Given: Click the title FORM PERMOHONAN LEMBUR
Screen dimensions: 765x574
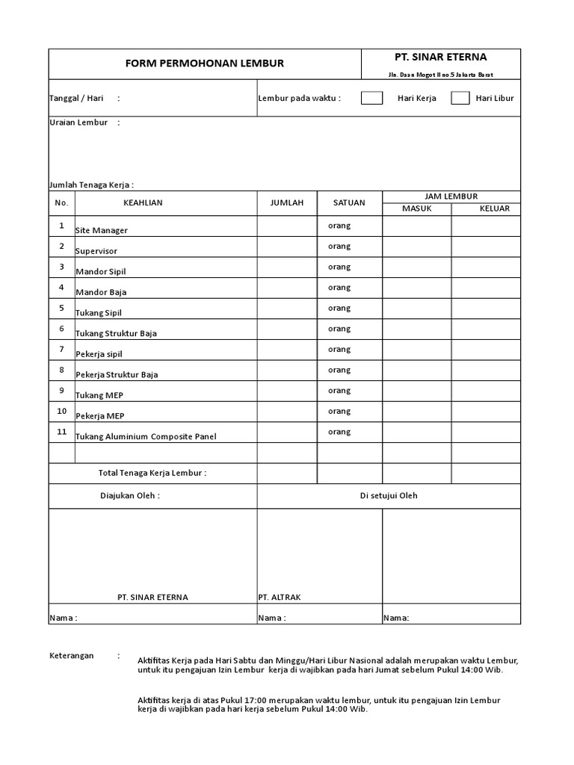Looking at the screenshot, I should coord(205,64).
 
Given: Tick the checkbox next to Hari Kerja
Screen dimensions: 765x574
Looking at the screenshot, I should coord(371,98).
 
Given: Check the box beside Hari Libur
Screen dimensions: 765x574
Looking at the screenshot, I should coord(460,98).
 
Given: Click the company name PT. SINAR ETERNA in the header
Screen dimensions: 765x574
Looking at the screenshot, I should coord(440,58).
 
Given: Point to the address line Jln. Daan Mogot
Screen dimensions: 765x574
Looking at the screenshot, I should coord(440,75).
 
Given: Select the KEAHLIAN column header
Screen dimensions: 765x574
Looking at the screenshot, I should coord(143,202).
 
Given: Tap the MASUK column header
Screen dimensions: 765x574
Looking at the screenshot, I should coord(417,208).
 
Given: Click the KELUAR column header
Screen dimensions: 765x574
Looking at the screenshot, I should coord(494,208).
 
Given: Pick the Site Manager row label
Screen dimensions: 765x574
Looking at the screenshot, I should coord(102,230).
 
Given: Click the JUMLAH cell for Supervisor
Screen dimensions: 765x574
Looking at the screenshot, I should coord(287,247).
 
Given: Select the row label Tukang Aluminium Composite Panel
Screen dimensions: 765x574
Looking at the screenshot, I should coord(146,436).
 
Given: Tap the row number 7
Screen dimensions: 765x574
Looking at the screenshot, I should coord(61,349).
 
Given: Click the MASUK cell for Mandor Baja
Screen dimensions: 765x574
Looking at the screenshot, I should coord(417,288).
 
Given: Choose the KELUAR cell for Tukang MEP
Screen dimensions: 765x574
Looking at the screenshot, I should coord(486,391).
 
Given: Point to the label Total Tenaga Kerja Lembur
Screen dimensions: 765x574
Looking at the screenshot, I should coord(152,473).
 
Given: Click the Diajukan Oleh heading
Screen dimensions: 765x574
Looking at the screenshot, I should coord(130,495).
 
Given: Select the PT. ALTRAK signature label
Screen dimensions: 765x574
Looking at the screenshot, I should coord(279,597).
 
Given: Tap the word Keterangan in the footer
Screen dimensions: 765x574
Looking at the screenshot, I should coord(71,655).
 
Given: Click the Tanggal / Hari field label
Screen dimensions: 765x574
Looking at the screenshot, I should coord(75,99).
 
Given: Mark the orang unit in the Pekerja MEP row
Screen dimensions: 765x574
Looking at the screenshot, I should coord(339,411).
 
